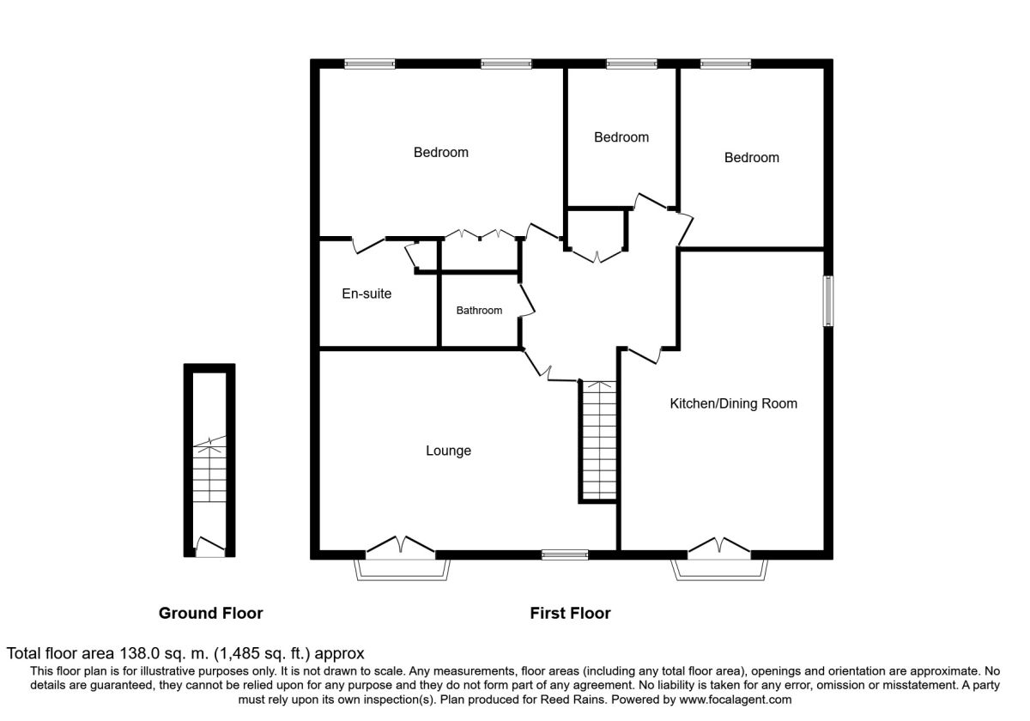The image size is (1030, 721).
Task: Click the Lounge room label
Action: point(448,451)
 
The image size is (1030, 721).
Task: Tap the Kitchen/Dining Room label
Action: point(733,403)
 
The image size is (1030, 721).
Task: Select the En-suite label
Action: point(367,294)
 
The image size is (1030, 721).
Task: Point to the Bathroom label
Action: point(479,311)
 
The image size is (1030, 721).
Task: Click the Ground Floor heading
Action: point(210,613)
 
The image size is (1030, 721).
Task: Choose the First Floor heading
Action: point(570,613)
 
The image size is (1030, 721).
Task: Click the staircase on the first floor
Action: point(599,440)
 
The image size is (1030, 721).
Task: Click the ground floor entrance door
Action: point(210,548)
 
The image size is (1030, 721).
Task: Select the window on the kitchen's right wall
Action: point(828,301)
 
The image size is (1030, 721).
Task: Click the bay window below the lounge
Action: point(402,569)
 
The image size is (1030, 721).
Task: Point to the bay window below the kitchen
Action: point(719,569)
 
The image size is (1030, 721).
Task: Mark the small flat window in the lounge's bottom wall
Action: point(565,554)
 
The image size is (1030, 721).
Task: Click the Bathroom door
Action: point(527,300)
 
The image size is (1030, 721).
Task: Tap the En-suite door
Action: point(368,245)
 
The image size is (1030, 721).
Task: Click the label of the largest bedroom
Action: point(441,152)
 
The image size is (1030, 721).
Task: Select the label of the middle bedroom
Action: point(621,137)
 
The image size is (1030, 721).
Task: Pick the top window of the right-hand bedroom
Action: point(725,64)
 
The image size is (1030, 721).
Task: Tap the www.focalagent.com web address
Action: point(736,700)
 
